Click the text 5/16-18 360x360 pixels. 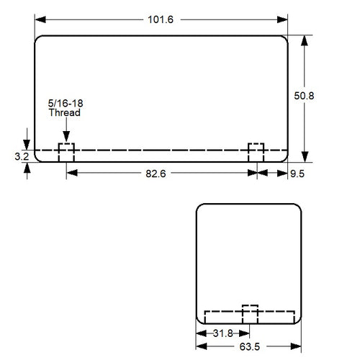tap(65, 104)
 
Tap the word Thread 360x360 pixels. tap(65, 114)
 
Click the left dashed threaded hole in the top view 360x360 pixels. tap(66, 153)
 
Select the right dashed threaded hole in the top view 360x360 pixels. tap(256, 153)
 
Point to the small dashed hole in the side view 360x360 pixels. tap(249, 314)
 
